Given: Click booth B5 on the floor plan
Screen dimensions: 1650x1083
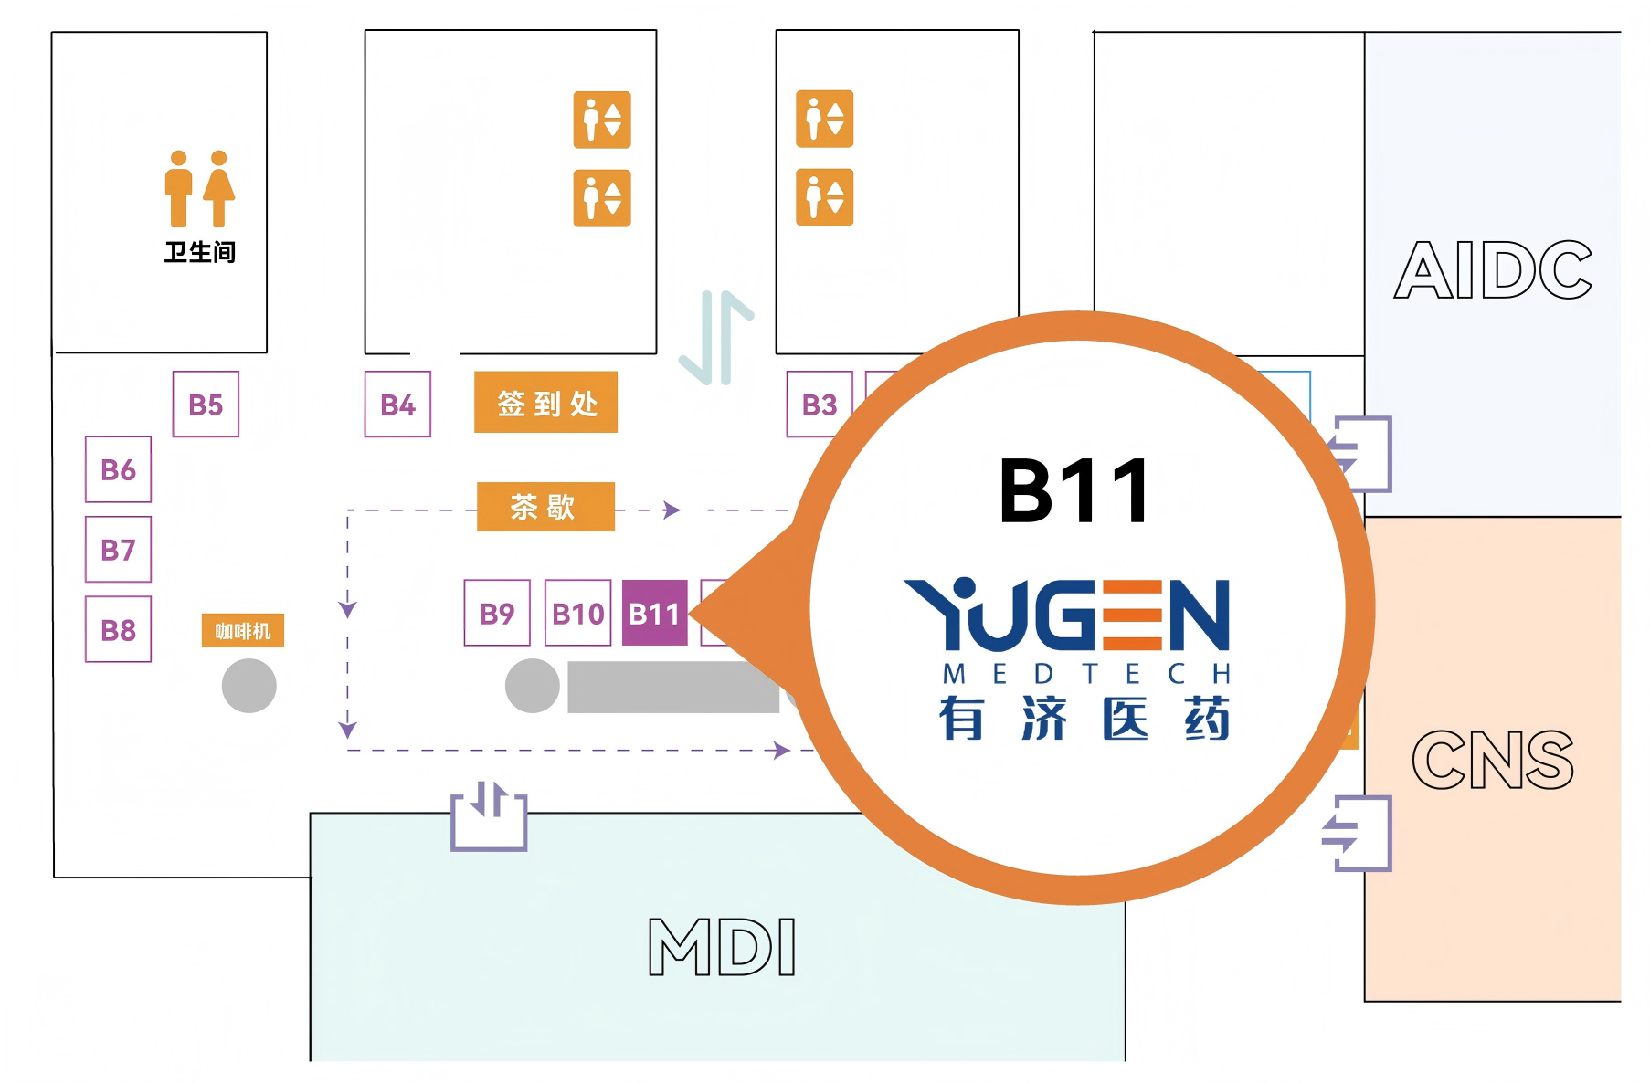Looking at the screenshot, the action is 206,404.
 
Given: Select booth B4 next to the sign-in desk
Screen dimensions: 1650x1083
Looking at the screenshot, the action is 397,404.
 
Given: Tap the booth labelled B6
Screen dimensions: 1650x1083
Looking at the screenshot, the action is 118,469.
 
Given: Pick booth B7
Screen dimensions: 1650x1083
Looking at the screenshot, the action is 118,549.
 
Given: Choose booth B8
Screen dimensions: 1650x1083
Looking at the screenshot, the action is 118,629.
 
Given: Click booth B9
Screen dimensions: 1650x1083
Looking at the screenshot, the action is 497,613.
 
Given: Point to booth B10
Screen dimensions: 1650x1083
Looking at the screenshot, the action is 577,613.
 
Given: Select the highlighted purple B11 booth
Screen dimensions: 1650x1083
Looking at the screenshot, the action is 655,613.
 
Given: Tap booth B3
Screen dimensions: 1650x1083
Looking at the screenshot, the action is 820,404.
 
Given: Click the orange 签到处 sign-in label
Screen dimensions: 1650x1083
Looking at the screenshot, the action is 545,402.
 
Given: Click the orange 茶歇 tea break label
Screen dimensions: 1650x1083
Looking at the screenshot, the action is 545,507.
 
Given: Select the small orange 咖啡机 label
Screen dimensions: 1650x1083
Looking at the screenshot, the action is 243,631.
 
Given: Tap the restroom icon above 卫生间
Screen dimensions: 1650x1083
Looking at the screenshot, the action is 200,188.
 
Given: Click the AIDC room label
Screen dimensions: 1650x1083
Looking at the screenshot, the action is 1493,270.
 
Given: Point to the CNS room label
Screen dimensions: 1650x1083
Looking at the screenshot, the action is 1493,760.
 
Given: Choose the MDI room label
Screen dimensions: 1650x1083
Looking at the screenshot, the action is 722,947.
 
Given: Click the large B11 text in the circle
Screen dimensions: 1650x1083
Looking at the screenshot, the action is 1074,490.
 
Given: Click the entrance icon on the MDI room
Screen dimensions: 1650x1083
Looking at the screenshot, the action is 489,815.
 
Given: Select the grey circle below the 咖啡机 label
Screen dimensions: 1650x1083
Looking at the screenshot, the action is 249,686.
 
